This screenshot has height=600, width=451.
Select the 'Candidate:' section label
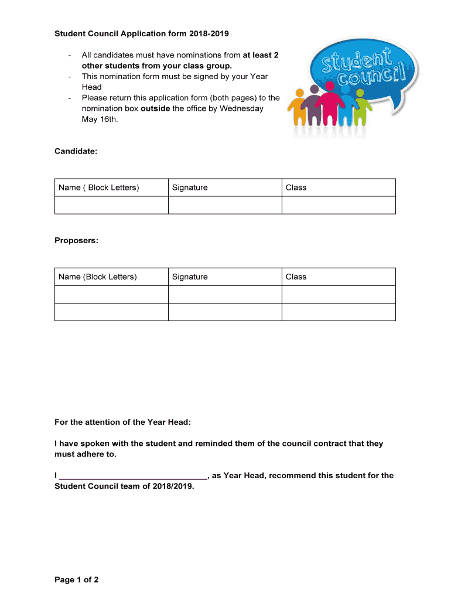pos(76,151)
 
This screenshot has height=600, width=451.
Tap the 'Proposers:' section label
pos(77,240)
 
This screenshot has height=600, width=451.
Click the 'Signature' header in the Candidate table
pos(190,187)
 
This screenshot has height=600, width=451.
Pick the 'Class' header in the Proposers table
pos(296,277)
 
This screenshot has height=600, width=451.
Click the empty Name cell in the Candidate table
pos(111,205)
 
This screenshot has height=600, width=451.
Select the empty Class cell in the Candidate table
pos(339,205)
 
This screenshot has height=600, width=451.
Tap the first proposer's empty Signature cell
pos(225,294)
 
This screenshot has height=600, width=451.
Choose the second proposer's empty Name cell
pos(111,312)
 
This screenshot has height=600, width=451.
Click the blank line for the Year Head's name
pos(134,476)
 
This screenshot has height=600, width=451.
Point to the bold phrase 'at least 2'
pos(261,55)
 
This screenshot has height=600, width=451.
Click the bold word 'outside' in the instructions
pos(155,108)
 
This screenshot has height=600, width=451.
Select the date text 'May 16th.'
pos(100,119)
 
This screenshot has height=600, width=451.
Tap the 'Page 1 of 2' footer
pos(77,579)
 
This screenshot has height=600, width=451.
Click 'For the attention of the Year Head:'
pos(122,422)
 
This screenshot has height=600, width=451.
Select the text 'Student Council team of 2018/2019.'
pos(124,486)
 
